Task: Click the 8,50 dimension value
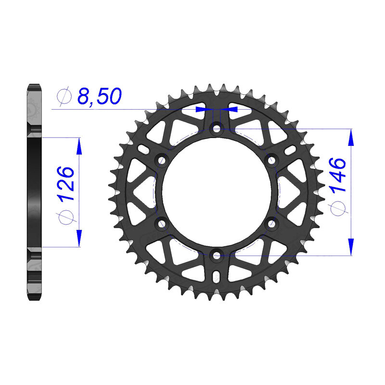click(100, 96)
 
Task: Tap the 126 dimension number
click(65, 183)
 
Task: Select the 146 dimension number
click(338, 175)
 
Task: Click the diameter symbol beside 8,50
click(64, 95)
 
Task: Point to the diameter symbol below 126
click(66, 218)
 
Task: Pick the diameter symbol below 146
click(338, 209)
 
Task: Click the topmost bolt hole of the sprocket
click(217, 128)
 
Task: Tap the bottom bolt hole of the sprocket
click(217, 256)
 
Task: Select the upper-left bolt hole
click(162, 161)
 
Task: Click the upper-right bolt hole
click(271, 161)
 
